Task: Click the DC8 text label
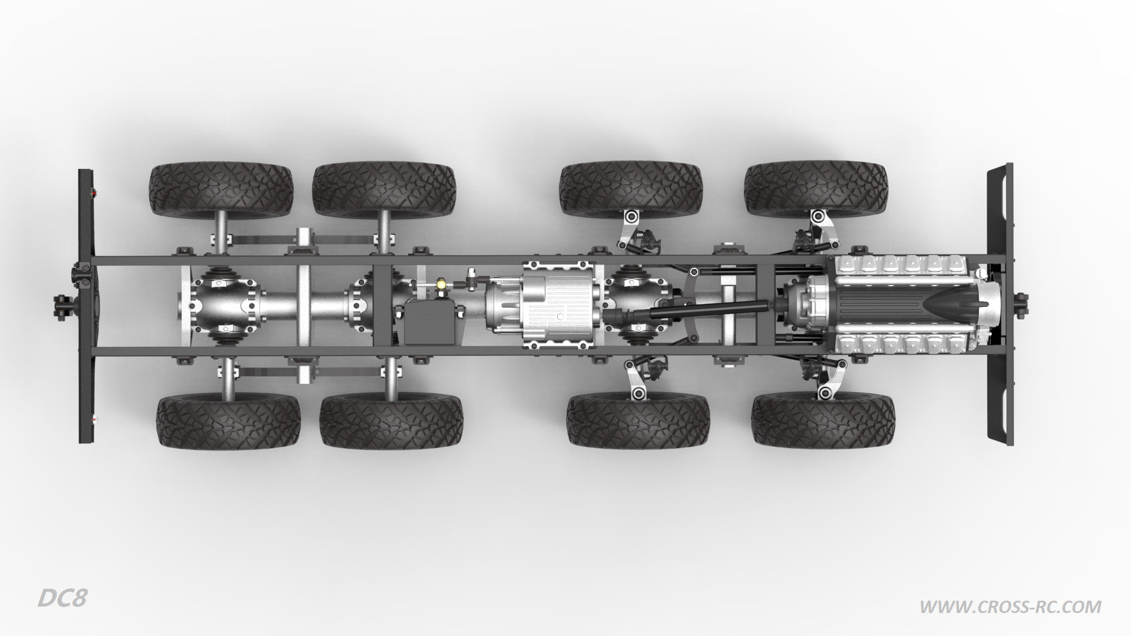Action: point(62,598)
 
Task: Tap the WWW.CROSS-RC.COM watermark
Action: point(1010,606)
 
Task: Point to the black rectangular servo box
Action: point(431,321)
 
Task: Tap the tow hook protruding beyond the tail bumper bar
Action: point(61,304)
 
